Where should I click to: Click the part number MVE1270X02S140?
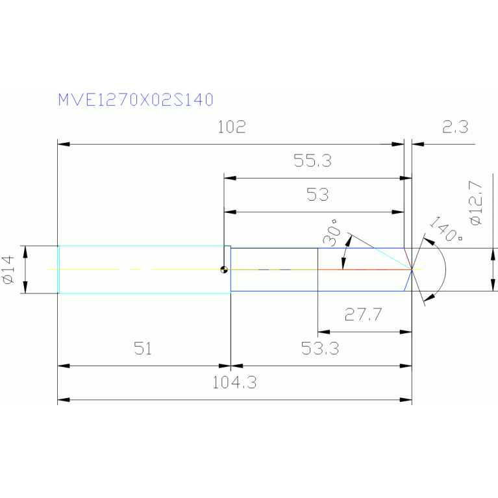coord(136,100)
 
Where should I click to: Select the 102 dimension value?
coord(232,127)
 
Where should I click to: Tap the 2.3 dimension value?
coord(455,127)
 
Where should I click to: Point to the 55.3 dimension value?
coord(312,160)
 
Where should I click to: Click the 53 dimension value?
coord(317,194)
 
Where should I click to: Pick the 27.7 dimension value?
coord(364,314)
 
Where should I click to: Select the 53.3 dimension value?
coord(320,349)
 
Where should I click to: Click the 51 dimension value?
coord(143,349)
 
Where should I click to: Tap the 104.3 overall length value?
coord(234,382)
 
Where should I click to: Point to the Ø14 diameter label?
coord(8,269)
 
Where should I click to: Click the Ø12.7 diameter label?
coord(476,203)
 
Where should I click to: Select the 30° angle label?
coord(331,233)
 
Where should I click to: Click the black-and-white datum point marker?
coord(224,269)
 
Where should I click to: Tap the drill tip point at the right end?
coord(412,269)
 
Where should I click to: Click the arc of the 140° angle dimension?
coord(445,269)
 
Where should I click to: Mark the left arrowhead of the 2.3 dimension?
coord(418,144)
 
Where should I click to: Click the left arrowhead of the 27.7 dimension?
coord(324,332)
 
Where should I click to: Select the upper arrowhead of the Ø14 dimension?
coord(26,252)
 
